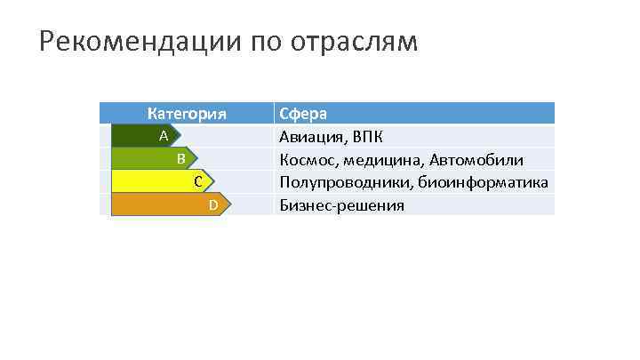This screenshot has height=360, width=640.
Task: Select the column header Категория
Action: (187, 114)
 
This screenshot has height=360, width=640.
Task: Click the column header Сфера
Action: (303, 114)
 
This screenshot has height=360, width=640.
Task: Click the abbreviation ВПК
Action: (368, 137)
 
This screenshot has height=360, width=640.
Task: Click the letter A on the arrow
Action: (164, 136)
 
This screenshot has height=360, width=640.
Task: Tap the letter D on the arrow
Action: (212, 205)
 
